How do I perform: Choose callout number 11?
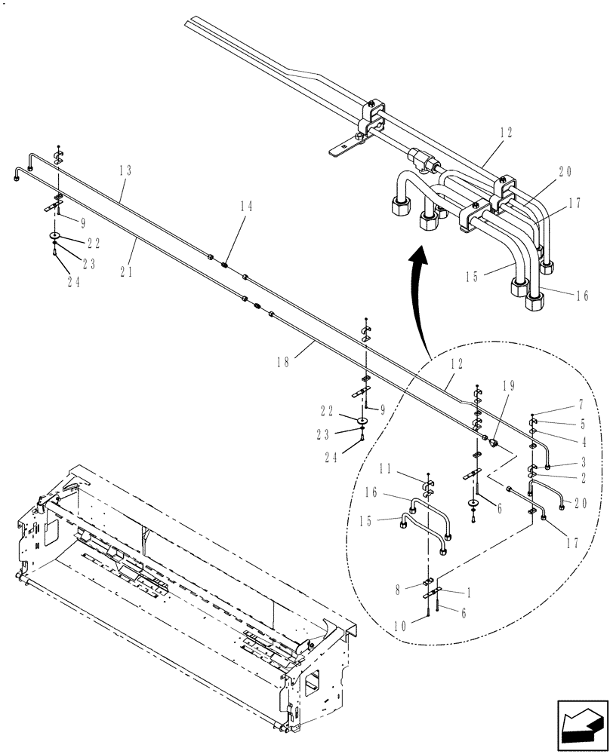click(407, 470)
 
